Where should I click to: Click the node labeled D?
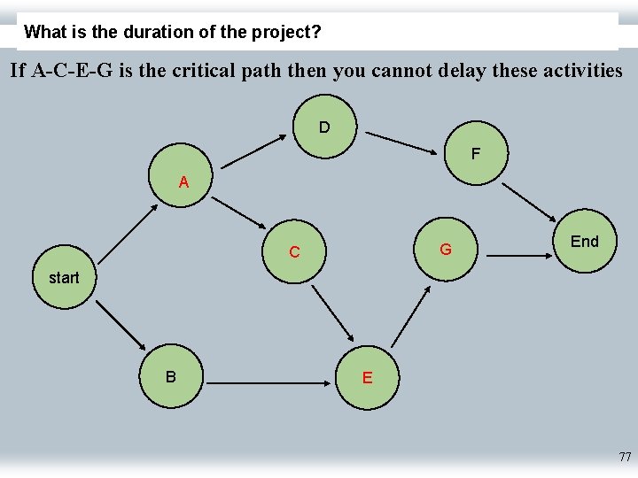pos(324,127)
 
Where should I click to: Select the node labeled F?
pos(476,154)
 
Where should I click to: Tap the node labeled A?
pos(183,182)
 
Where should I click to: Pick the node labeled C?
pos(294,252)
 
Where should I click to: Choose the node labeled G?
pos(446,250)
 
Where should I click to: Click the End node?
pos(584,242)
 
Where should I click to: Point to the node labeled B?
pos(170,377)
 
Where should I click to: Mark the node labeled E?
pos(367,378)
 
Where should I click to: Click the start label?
pos(64,278)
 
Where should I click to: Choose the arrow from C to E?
pos(332,312)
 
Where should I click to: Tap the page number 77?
pos(625,458)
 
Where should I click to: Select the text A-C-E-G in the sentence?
pos(72,70)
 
